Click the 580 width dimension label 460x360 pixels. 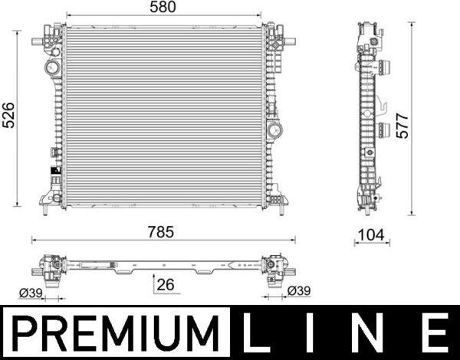point(163,8)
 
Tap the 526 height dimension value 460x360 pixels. point(8,118)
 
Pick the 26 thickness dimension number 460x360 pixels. point(164,285)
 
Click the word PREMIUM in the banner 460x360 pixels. point(115,334)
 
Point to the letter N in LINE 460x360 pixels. point(373,334)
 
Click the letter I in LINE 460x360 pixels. point(314,334)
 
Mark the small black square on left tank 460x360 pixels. point(53,171)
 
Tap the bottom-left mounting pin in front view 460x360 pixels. point(46,205)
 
